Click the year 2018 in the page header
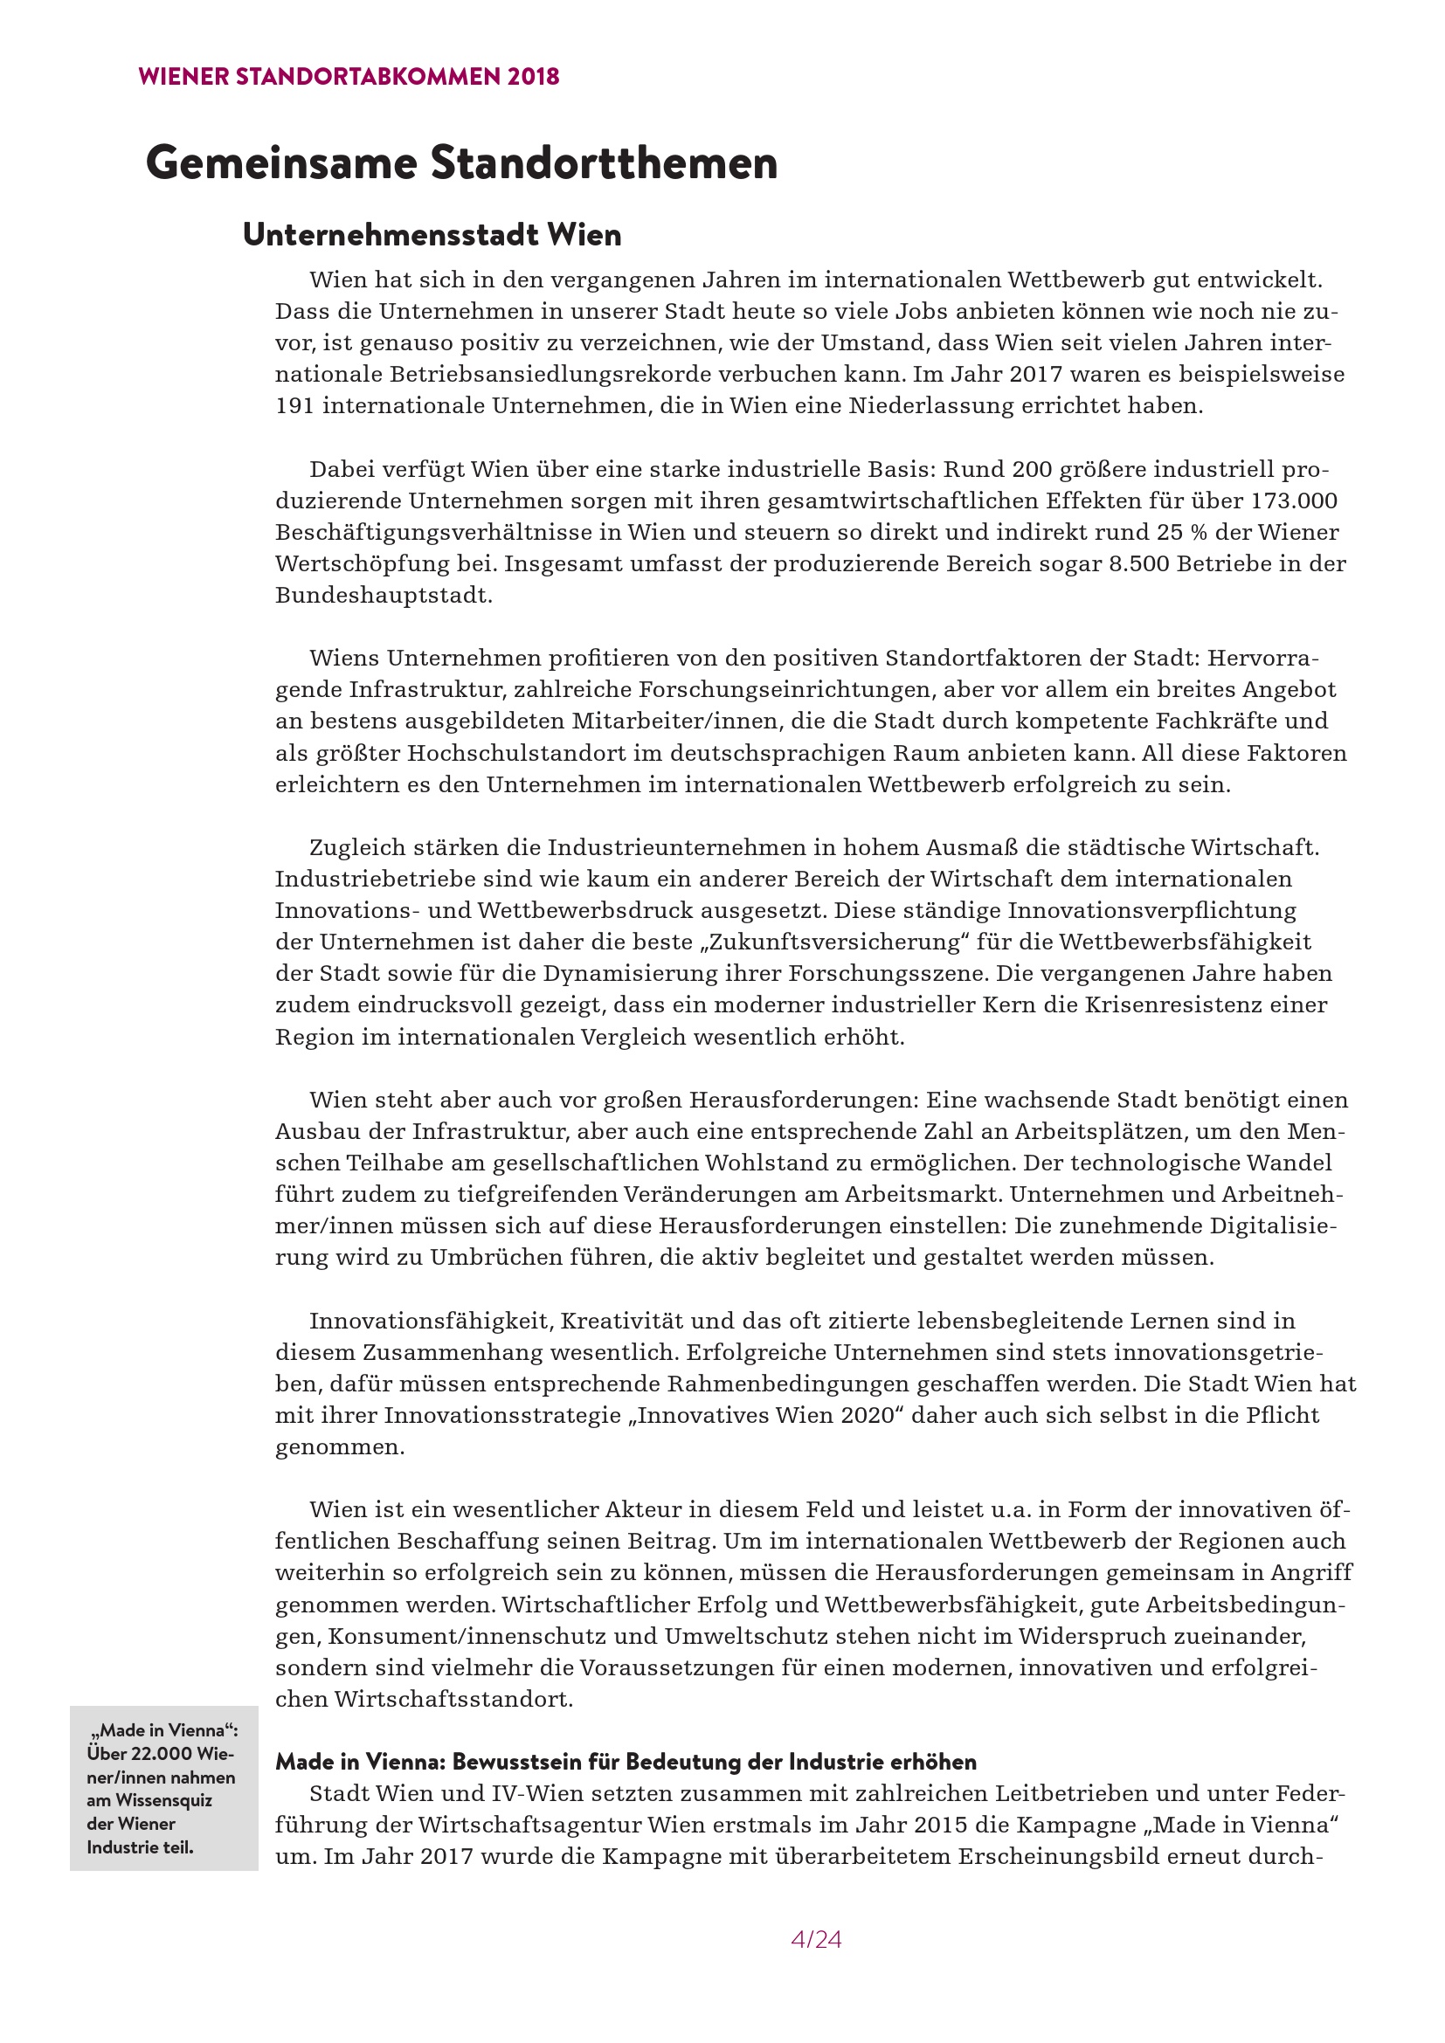(533, 77)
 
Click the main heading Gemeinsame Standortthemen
(461, 162)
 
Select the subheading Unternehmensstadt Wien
(432, 235)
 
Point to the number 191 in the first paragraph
(294, 406)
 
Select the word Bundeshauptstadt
(384, 596)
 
